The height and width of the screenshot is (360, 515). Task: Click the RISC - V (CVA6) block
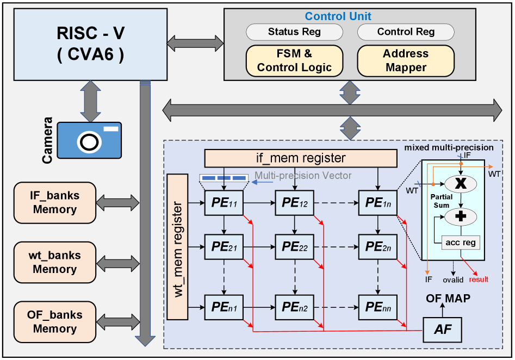90,44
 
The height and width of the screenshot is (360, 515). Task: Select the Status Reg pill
294,32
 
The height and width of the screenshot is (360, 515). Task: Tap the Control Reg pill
406,32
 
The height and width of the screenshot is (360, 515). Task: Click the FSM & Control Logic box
294,60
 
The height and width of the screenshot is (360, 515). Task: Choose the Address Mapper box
406,60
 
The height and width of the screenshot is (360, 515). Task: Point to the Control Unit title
338,17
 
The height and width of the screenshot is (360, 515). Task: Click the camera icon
89,140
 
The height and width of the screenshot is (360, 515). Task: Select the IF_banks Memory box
54,202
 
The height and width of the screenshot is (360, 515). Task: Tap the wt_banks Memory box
54,262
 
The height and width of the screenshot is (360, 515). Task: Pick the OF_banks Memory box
54,321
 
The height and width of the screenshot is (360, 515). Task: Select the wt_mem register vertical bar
177,246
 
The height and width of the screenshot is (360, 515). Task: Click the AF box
442,329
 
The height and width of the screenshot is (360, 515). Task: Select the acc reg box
461,243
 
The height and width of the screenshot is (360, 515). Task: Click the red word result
479,280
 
